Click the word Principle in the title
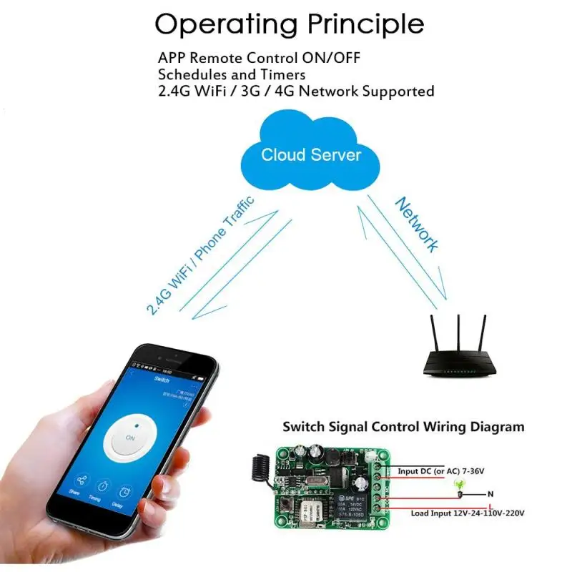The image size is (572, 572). click(365, 24)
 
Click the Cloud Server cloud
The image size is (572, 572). click(311, 154)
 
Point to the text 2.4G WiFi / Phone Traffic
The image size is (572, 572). click(200, 255)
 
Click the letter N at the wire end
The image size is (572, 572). click(490, 493)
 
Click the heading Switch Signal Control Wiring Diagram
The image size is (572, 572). click(403, 427)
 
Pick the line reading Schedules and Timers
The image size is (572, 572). click(232, 74)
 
